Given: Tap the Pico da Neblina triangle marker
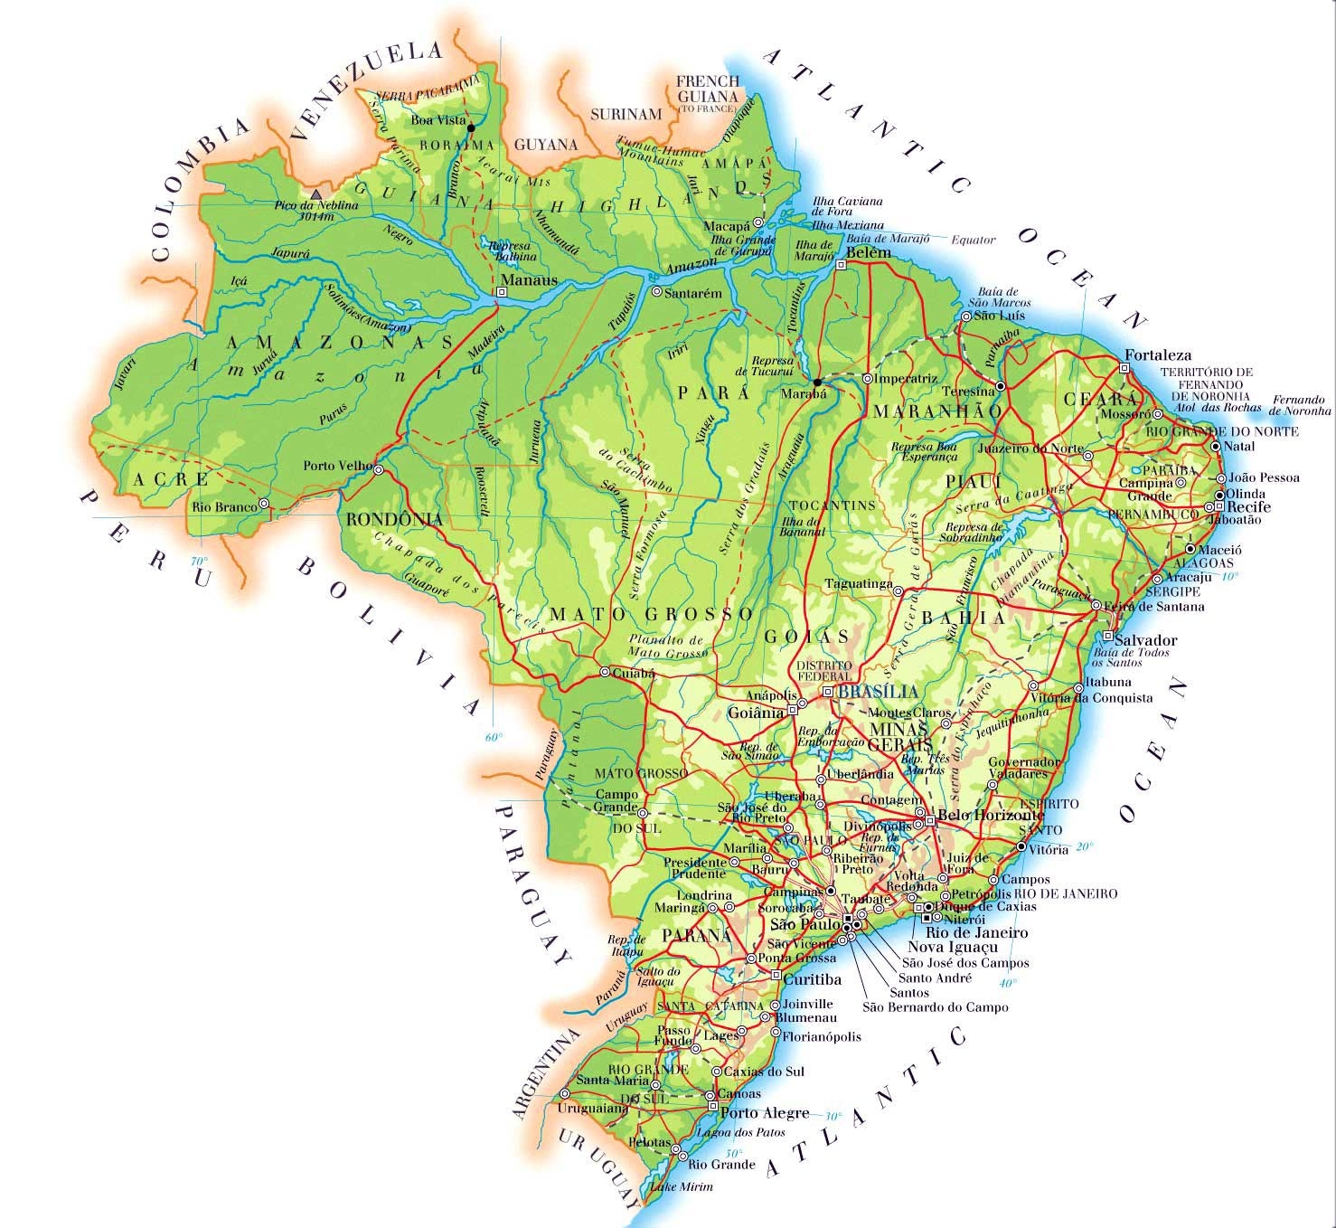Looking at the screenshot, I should tap(315, 194).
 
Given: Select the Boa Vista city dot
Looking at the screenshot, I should tap(470, 128).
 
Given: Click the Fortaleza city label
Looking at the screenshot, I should tap(1158, 355).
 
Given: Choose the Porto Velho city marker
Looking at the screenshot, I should tap(379, 470).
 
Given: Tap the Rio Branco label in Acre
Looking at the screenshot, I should tap(223, 507).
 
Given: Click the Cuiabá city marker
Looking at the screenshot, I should tap(605, 672).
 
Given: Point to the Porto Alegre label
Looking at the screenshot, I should tap(765, 1112).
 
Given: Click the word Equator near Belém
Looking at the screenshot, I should tap(973, 241).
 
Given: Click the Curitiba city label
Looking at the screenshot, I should tap(813, 979).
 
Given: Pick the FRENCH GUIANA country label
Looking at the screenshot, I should tap(708, 88).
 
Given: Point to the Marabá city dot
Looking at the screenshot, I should tap(817, 382).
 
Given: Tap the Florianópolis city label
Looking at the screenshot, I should tap(822, 1037).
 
